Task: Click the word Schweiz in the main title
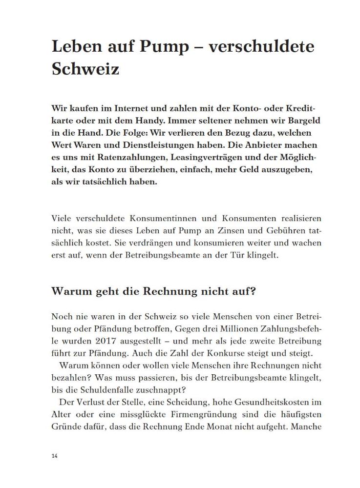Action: (85, 69)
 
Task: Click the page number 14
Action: (54, 456)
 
